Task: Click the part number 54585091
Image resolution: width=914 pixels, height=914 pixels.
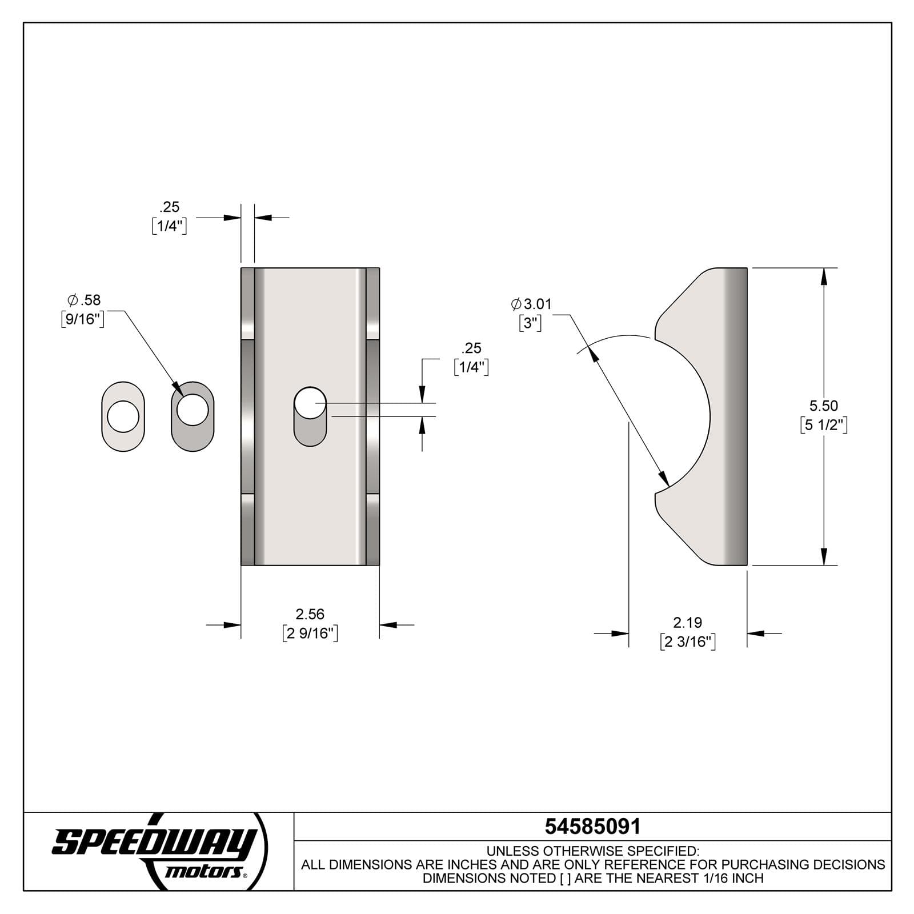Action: (592, 827)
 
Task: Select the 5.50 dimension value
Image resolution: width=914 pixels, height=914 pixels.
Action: (823, 406)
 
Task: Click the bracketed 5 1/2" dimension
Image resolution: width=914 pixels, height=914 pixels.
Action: (823, 425)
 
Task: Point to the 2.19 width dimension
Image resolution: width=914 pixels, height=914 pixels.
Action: (687, 622)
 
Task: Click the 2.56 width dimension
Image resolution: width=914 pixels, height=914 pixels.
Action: (310, 614)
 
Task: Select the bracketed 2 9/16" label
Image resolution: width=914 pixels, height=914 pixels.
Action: (310, 634)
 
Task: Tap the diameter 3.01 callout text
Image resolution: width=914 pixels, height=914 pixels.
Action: (532, 304)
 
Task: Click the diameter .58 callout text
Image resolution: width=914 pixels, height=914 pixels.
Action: (84, 300)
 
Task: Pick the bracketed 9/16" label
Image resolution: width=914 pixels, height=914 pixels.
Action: (83, 319)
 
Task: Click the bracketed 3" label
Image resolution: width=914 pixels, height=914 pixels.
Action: (530, 323)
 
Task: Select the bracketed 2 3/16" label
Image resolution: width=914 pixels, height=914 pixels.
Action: (687, 642)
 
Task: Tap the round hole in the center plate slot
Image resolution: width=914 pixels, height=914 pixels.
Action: (310, 403)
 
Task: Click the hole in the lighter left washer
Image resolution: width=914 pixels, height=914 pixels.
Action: (123, 416)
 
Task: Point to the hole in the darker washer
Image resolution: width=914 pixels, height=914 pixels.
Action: (193, 409)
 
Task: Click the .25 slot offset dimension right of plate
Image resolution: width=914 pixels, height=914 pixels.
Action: (471, 348)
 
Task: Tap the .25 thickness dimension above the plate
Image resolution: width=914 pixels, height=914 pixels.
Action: (170, 207)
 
